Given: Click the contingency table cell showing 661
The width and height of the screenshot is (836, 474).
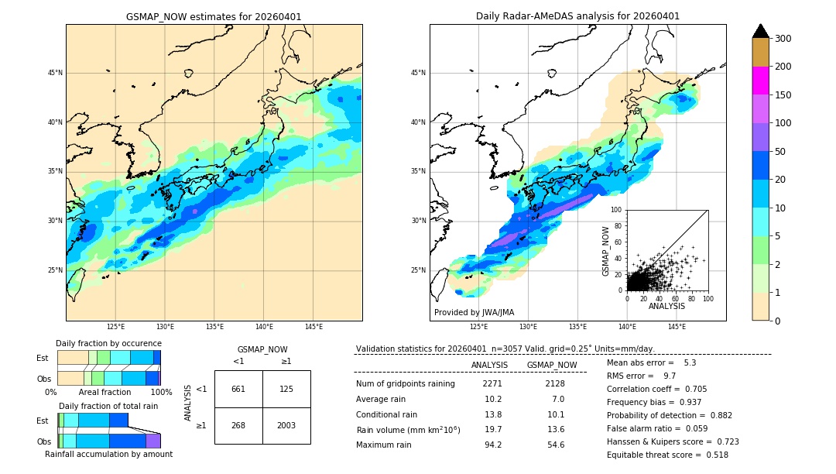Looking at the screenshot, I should (238, 389).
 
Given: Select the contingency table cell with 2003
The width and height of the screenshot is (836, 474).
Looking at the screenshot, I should (286, 425).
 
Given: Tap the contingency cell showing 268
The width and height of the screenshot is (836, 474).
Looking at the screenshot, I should (238, 425).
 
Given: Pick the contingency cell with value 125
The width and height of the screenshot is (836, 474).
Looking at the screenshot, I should (286, 389).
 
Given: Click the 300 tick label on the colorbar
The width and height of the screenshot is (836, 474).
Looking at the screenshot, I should (783, 39).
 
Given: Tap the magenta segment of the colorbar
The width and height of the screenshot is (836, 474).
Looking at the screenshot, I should (761, 81).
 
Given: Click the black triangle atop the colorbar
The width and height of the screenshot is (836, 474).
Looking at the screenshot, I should (761, 31).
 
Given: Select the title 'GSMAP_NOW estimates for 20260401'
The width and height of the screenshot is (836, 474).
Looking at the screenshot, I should (214, 16).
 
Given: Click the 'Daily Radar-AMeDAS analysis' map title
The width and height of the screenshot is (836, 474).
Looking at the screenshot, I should (577, 16).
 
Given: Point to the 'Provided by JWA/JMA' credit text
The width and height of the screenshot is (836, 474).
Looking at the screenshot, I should (474, 313).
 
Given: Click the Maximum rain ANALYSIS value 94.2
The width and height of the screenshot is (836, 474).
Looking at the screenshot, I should (493, 445).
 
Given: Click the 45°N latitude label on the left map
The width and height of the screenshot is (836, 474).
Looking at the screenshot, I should (55, 73).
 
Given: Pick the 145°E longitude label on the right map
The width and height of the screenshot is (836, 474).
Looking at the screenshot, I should (677, 327).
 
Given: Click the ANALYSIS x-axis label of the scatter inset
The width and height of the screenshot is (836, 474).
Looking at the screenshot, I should (666, 306).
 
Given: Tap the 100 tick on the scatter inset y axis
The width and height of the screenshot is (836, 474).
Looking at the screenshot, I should (617, 210).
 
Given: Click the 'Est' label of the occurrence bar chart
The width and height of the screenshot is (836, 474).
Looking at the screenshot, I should (43, 358).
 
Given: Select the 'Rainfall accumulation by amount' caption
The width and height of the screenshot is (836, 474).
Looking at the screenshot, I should (108, 454).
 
